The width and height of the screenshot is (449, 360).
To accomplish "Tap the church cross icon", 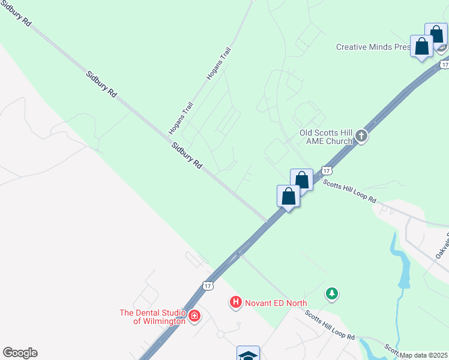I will (361, 136).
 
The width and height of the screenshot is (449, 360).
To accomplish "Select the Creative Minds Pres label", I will (372, 47).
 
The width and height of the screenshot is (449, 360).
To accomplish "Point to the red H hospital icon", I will (236, 302).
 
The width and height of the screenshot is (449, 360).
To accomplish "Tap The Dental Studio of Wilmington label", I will (152, 316).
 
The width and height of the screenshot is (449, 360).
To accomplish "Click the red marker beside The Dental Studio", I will (194, 316).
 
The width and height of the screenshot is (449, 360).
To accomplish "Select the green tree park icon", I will (331, 293).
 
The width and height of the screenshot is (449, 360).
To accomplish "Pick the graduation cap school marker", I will (248, 354).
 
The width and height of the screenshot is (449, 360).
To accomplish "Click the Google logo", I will (20, 353).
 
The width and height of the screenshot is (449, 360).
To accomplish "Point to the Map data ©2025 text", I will (424, 355).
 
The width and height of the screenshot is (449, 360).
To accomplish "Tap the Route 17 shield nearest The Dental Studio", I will (208, 285).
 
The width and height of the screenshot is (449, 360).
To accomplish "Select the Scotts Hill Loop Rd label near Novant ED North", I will (329, 325).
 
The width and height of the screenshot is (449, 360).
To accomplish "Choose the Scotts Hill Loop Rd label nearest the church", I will (349, 191).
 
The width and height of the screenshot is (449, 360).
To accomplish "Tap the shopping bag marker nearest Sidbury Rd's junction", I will (288, 196).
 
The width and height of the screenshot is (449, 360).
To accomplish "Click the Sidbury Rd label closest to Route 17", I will (187, 155).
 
